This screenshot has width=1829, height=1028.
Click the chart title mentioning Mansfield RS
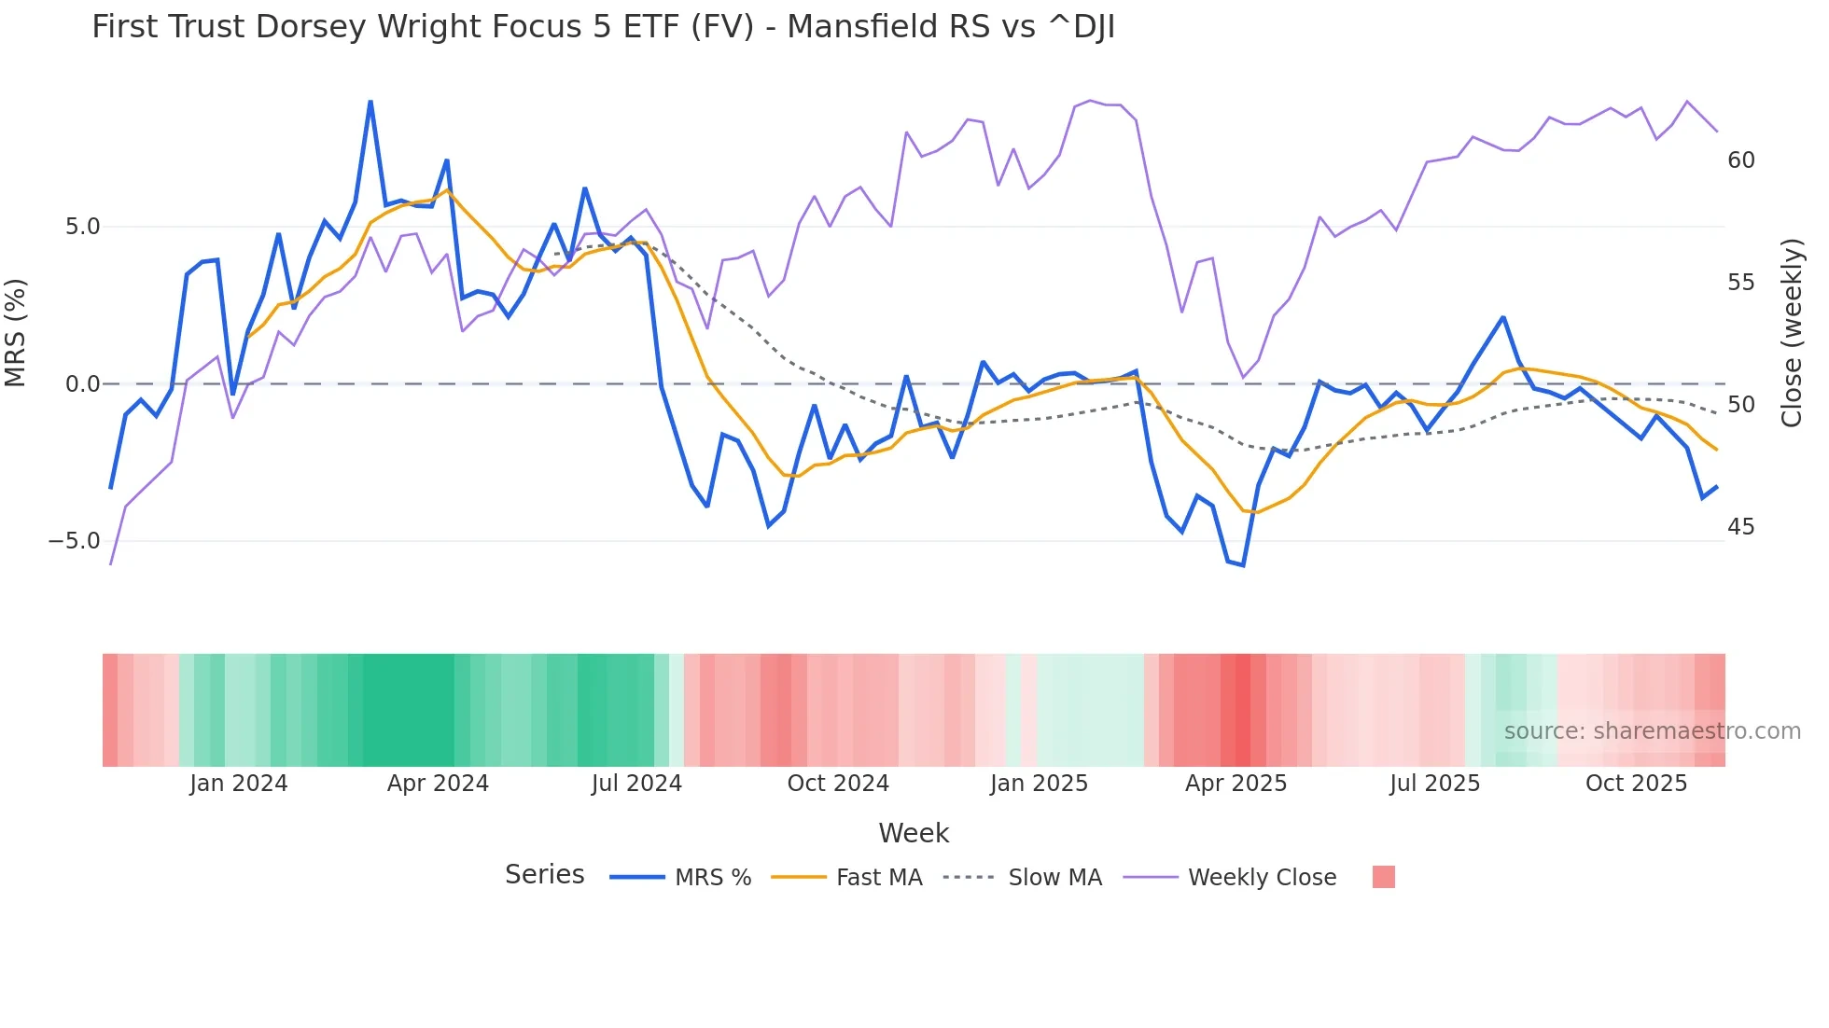point(603,27)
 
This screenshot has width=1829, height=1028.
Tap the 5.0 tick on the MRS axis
point(82,227)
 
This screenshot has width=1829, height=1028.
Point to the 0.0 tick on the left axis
point(82,384)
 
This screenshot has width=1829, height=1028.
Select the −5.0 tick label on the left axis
point(75,541)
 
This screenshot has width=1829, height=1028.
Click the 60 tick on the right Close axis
point(1740,160)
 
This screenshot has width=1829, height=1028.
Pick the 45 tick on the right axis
point(1740,527)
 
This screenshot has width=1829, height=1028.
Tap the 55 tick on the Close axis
point(1740,283)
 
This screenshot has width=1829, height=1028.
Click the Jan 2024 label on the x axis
point(238,784)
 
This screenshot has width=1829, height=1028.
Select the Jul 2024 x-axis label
point(636,784)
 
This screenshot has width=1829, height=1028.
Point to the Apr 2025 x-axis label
point(1236,784)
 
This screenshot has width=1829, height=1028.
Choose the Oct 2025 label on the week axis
point(1636,784)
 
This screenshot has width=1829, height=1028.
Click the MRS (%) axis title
point(16,332)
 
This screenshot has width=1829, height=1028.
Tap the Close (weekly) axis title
point(1791,333)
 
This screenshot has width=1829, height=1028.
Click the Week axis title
point(914,833)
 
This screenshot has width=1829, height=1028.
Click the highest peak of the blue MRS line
point(370,102)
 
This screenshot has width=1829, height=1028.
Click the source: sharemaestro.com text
point(1652,731)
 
